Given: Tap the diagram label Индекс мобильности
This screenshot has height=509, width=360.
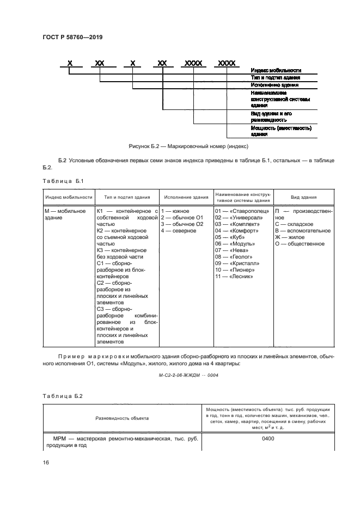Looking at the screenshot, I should tap(276, 71).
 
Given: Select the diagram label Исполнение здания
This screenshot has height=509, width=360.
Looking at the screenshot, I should tap(274, 85).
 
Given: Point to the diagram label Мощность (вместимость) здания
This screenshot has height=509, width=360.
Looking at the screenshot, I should tap(280, 131).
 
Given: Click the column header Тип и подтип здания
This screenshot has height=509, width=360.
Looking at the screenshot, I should tap(126, 198).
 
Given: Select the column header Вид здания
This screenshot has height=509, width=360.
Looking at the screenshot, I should tap(304, 198).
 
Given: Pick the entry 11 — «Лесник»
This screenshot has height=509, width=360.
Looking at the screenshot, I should tap(235, 277).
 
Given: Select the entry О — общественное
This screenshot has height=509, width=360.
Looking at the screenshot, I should tap(300, 244).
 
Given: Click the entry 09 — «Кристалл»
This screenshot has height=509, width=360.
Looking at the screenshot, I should tap(237, 263).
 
